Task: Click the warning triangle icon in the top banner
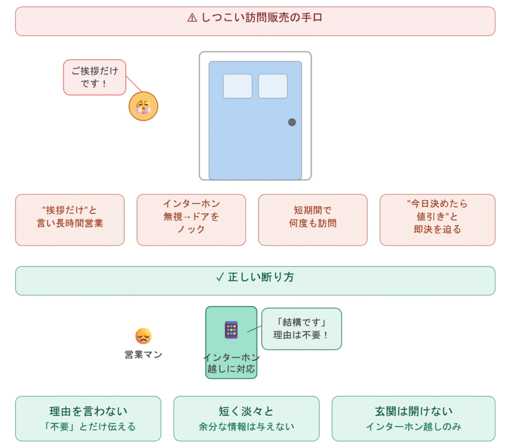(x=192, y=18)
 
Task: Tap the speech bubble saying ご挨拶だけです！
(x=94, y=77)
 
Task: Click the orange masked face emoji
(x=143, y=106)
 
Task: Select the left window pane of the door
(x=237, y=86)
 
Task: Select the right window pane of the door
(x=273, y=86)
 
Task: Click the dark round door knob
(x=292, y=122)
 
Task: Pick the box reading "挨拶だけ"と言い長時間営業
(x=69, y=220)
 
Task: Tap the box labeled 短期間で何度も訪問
(x=313, y=220)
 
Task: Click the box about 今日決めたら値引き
(x=437, y=220)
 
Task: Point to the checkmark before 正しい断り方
(x=220, y=278)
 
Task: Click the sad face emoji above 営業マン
(x=143, y=337)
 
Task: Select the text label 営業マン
(x=143, y=355)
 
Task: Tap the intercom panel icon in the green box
(x=231, y=330)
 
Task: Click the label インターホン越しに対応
(x=231, y=364)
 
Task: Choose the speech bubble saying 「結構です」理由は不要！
(x=302, y=328)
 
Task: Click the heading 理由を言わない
(x=88, y=411)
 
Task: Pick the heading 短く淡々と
(x=246, y=411)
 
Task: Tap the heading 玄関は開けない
(x=413, y=411)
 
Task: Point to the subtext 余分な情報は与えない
(x=246, y=427)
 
